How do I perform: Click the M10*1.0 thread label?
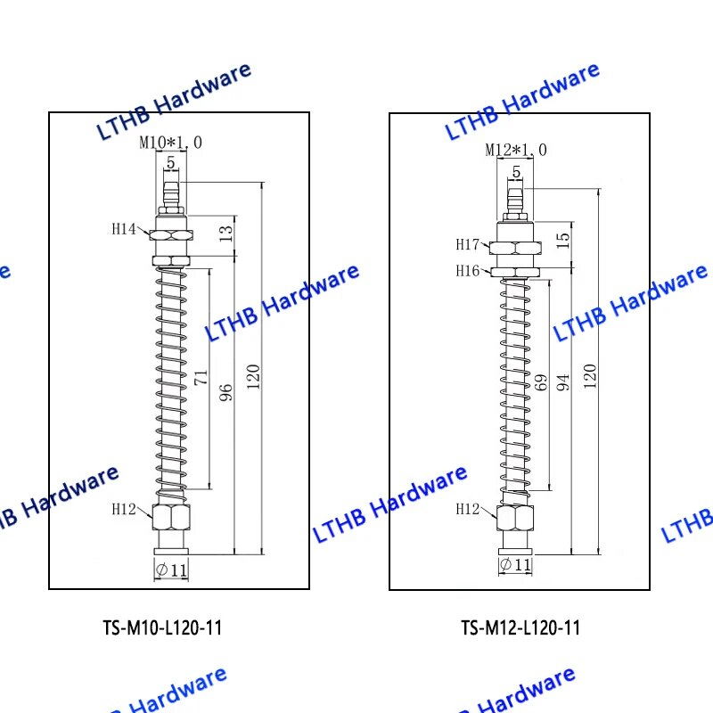pos(170,142)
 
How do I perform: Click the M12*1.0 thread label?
pos(516,149)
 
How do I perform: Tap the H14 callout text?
pos(124,229)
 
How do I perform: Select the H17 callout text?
pos(469,244)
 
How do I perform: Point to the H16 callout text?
pos(469,270)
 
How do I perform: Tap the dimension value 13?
pos(225,234)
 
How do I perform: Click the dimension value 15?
pos(563,242)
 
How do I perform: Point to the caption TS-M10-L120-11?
pos(162,627)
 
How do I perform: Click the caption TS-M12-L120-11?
pos(520,627)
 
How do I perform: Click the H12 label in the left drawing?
pos(124,509)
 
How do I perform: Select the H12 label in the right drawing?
pos(468,509)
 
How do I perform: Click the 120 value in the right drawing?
pos(590,375)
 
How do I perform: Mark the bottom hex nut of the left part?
pos(170,518)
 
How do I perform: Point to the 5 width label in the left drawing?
pos(169,161)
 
